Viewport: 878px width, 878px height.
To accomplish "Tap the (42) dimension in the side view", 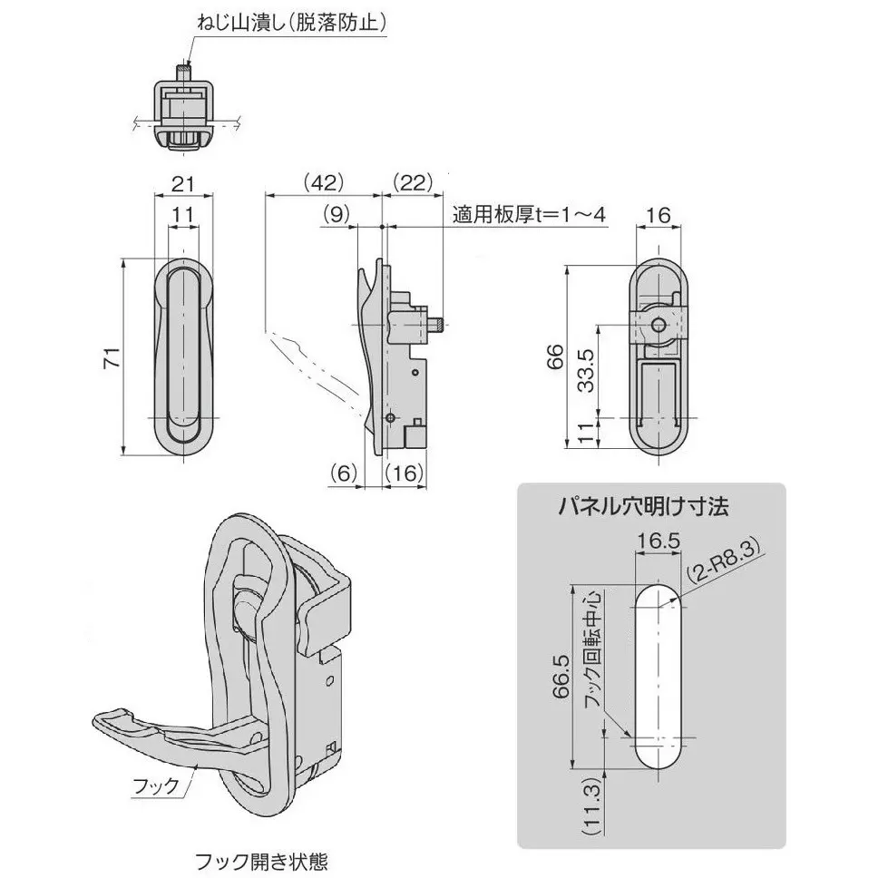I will click(322, 182).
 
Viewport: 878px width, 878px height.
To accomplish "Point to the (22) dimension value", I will click(413, 182).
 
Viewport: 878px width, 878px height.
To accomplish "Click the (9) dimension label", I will click(335, 216).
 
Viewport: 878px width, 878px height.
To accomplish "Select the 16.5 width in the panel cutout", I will click(657, 541).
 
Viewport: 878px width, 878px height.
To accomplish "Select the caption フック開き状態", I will click(261, 860).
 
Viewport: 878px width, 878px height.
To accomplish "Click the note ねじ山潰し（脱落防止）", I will click(292, 22).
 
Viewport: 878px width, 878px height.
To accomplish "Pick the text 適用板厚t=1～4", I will click(529, 215).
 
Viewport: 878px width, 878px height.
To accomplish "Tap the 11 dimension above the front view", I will click(184, 216).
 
